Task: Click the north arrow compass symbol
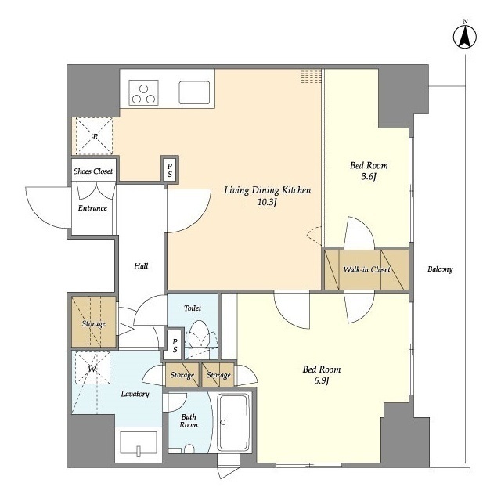(465, 36)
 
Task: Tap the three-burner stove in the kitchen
(143, 93)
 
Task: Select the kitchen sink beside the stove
(194, 92)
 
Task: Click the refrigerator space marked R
(94, 136)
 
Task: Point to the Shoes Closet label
(93, 171)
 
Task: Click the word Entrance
(92, 208)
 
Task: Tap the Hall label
(141, 266)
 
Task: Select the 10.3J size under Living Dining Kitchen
(267, 202)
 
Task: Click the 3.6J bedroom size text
(369, 176)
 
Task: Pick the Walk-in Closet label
(367, 269)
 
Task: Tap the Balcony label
(440, 269)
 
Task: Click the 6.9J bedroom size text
(322, 381)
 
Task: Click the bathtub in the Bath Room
(233, 422)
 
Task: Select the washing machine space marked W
(92, 368)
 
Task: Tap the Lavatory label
(135, 394)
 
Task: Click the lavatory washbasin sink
(139, 442)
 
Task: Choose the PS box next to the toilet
(175, 345)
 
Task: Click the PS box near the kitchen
(170, 170)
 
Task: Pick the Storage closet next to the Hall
(93, 322)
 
